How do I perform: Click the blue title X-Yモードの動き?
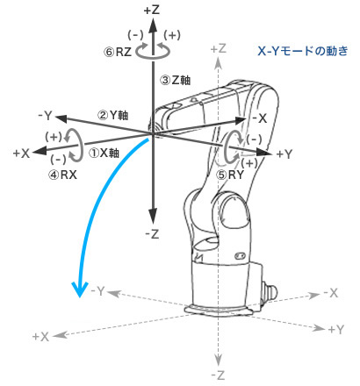[303, 51]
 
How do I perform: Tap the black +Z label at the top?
[152, 11]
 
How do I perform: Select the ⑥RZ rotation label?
[118, 53]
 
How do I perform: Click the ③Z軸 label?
[176, 80]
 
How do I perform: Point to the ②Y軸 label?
[113, 115]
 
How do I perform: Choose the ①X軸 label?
[104, 153]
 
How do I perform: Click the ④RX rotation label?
[62, 175]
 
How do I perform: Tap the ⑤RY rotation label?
[230, 175]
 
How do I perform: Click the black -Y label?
[45, 116]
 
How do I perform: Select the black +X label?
[21, 154]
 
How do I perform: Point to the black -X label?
[260, 118]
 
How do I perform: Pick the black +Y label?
[284, 154]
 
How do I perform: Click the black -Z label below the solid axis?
[152, 234]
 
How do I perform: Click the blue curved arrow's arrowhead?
[80, 289]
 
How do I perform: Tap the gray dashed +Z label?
[219, 48]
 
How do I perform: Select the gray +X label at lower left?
[40, 337]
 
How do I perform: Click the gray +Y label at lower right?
[336, 330]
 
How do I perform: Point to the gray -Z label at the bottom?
[218, 375]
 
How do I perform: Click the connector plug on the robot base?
[269, 290]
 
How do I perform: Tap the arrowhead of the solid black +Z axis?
[153, 25]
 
